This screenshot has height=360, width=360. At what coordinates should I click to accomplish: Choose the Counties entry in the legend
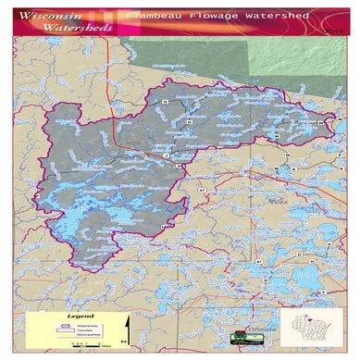click(88, 331)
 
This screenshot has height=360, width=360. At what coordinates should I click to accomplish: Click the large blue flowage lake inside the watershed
click(83, 222)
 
